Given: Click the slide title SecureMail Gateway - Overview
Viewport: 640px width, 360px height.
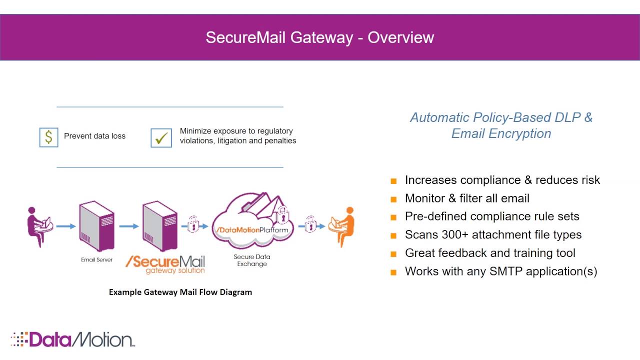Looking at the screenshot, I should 319,37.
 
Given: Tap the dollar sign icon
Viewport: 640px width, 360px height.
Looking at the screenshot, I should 48,137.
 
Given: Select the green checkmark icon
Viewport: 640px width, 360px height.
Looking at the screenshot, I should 161,138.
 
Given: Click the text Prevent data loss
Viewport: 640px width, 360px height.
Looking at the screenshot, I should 94,136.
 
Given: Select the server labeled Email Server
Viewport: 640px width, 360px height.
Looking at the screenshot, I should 96,226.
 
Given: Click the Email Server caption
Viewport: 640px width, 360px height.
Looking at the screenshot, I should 96,259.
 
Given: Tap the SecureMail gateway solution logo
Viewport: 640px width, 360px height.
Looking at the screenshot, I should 165,264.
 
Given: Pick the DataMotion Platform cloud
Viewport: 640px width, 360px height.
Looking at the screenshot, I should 252,223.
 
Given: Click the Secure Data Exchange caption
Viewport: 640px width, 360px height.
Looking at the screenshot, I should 252,260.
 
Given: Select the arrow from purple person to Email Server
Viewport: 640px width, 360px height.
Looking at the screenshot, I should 65,226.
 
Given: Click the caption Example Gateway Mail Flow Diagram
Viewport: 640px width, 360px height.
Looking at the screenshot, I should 180,292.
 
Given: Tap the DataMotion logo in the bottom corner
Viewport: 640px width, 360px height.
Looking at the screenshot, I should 73,339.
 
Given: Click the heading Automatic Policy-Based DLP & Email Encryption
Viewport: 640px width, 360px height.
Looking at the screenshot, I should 501,125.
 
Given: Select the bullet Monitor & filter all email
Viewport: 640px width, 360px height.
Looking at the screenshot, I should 467,198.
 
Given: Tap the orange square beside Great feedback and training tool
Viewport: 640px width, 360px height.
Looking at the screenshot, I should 394,254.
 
